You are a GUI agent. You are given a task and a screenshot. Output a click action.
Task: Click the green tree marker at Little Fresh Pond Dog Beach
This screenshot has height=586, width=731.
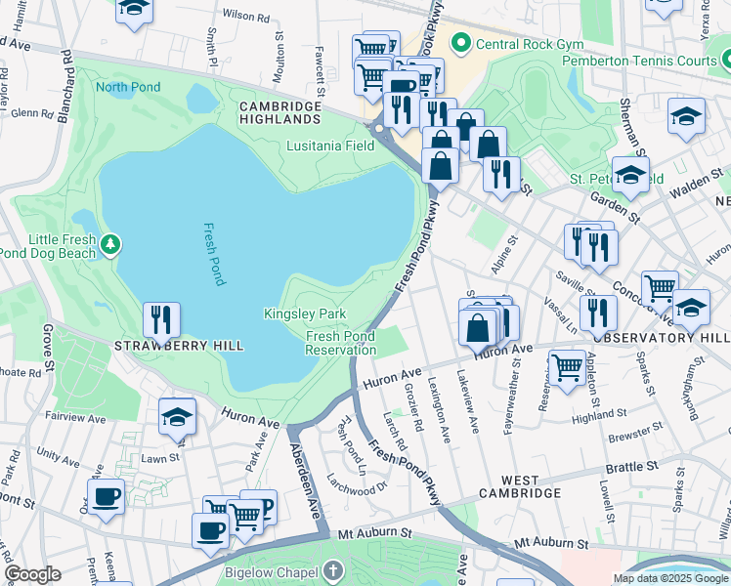(x=111, y=242)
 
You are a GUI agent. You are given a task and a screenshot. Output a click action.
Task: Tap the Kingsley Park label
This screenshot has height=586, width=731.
(x=305, y=314)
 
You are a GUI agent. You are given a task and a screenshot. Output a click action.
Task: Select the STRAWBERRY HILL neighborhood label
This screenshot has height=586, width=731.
(x=179, y=346)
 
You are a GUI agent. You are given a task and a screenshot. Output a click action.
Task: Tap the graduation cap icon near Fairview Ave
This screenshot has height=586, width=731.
(x=177, y=417)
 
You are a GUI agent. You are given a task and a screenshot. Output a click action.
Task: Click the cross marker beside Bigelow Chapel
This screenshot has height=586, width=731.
(x=333, y=570)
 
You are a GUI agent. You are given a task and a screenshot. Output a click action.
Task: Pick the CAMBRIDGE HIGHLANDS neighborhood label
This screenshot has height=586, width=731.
(x=280, y=112)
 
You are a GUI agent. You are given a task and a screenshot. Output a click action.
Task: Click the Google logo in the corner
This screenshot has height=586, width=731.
(x=32, y=574)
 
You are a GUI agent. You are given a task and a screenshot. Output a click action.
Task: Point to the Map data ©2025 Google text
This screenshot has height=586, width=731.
(x=669, y=578)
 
